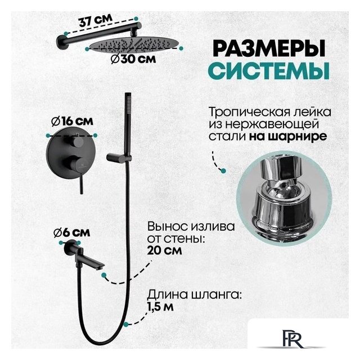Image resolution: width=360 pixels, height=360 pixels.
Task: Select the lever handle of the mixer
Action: [x=80, y=180]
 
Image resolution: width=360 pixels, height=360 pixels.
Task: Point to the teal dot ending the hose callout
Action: [x=129, y=324]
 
